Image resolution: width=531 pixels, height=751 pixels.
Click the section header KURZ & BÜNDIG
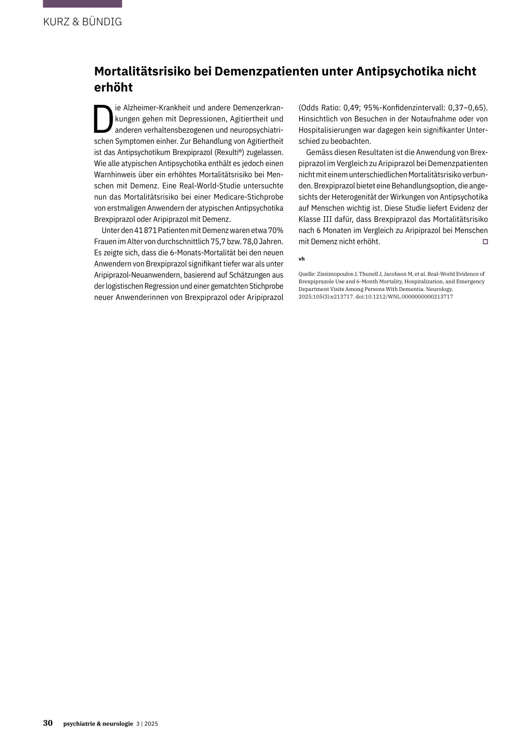point(82,22)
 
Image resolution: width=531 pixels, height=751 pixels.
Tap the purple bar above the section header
point(82,3)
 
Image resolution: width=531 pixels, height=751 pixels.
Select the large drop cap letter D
point(103,119)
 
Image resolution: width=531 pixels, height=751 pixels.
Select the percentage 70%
point(275,230)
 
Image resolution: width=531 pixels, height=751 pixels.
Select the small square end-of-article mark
point(485,242)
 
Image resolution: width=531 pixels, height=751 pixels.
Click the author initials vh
point(301,259)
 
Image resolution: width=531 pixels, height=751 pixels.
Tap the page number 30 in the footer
point(48,723)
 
